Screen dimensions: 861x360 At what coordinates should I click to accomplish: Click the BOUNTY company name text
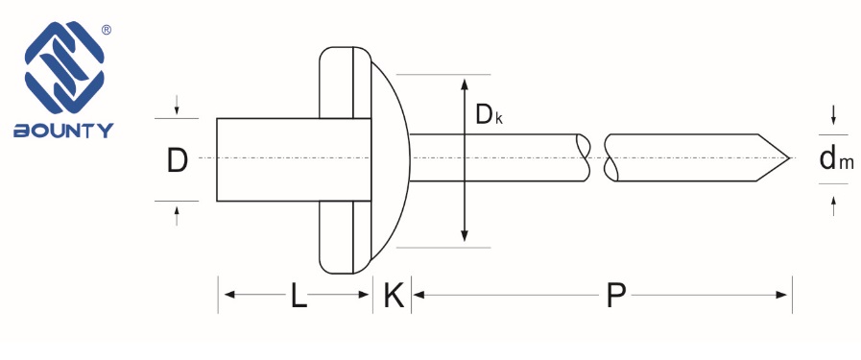coord(63,130)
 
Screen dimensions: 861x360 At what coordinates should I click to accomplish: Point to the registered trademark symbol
coord(107,31)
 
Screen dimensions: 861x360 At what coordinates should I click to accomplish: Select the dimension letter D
coord(178,160)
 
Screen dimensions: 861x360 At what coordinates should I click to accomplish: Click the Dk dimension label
coord(489,115)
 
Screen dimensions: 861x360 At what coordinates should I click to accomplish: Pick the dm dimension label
coord(836,159)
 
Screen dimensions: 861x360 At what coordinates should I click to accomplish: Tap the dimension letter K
coord(394,295)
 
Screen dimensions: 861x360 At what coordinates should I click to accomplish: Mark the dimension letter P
coord(616,295)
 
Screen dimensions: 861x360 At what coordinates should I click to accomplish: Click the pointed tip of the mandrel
coord(790,158)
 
